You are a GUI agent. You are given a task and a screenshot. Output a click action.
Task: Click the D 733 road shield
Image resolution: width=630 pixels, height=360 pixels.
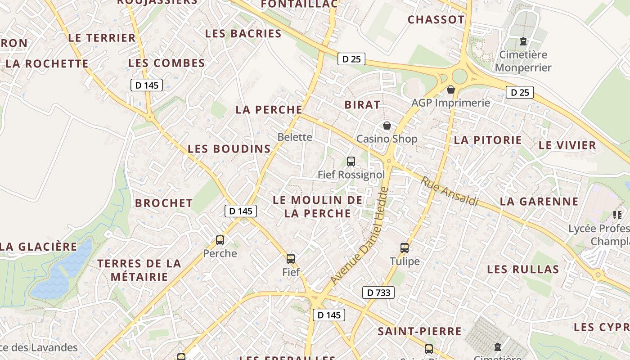[378, 292]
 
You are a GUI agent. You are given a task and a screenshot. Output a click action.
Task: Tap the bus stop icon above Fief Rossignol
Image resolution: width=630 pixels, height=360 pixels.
[351, 161]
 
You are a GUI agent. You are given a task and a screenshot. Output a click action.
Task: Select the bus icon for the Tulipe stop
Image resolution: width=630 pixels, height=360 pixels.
[405, 247]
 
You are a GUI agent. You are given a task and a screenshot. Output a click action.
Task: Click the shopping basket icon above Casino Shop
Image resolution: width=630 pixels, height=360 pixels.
[387, 126]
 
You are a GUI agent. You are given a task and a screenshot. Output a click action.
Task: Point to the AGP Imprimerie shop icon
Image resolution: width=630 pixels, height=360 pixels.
[451, 90]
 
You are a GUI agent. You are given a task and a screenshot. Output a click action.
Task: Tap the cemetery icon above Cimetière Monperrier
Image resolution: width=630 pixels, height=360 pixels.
[523, 42]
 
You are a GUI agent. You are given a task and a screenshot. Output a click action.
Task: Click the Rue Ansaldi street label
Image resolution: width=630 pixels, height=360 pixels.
[449, 191]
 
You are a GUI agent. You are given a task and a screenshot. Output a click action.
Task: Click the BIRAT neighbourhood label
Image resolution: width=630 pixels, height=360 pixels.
[362, 105]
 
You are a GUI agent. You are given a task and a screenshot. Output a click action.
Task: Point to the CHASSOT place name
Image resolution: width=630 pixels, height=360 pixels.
[436, 20]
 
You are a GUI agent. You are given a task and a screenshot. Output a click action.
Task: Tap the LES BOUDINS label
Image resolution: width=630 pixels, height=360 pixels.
[229, 149]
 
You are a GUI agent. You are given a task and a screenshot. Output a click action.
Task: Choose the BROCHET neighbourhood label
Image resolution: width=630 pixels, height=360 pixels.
[164, 203]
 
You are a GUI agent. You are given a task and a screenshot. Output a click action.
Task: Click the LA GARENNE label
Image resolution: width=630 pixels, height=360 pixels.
[539, 202]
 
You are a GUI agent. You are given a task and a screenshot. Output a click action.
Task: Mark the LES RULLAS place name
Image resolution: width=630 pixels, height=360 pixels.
[523, 270]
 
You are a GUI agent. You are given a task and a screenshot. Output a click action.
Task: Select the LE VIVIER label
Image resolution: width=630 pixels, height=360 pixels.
[567, 145]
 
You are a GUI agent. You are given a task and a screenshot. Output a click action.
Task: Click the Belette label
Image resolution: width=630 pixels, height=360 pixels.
[295, 137]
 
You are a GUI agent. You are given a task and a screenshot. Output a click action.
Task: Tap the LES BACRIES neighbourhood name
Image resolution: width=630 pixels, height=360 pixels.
[243, 34]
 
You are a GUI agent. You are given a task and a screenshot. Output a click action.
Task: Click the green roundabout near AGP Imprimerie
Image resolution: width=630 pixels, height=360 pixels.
[459, 76]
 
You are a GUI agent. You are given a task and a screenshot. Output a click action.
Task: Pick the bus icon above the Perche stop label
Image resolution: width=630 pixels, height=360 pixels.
[220, 240]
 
